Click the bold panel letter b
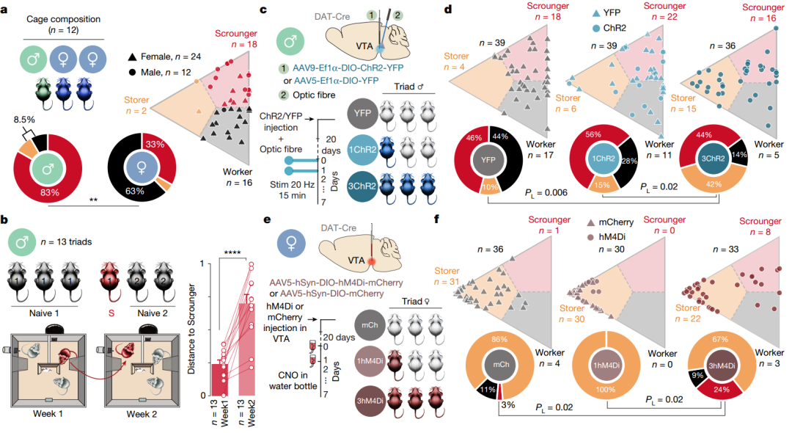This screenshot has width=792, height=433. click(6, 219)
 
